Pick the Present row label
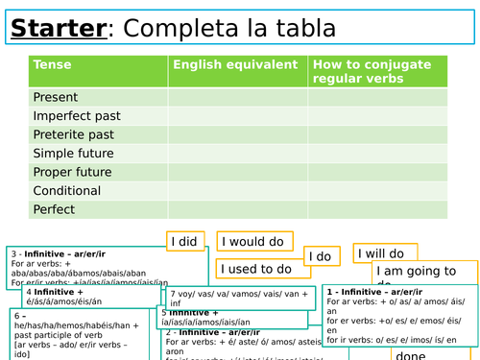(x=56, y=97)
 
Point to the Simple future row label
(x=73, y=154)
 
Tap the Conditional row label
(x=67, y=191)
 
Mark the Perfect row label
(x=54, y=209)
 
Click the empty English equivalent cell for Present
(x=237, y=97)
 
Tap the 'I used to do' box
(x=256, y=270)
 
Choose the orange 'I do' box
(x=323, y=256)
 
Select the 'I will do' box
(x=385, y=254)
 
